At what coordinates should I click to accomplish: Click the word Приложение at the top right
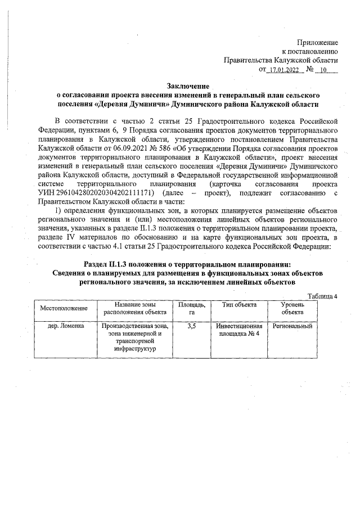[317, 42]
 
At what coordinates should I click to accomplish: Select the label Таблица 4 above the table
[322, 296]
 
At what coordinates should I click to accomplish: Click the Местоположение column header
[64, 309]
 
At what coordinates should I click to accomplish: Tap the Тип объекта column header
[239, 305]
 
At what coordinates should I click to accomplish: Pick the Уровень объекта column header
[292, 309]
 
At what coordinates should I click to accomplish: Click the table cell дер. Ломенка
[64, 326]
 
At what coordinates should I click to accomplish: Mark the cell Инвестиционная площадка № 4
[239, 330]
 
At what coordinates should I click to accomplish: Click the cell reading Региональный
[292, 326]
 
